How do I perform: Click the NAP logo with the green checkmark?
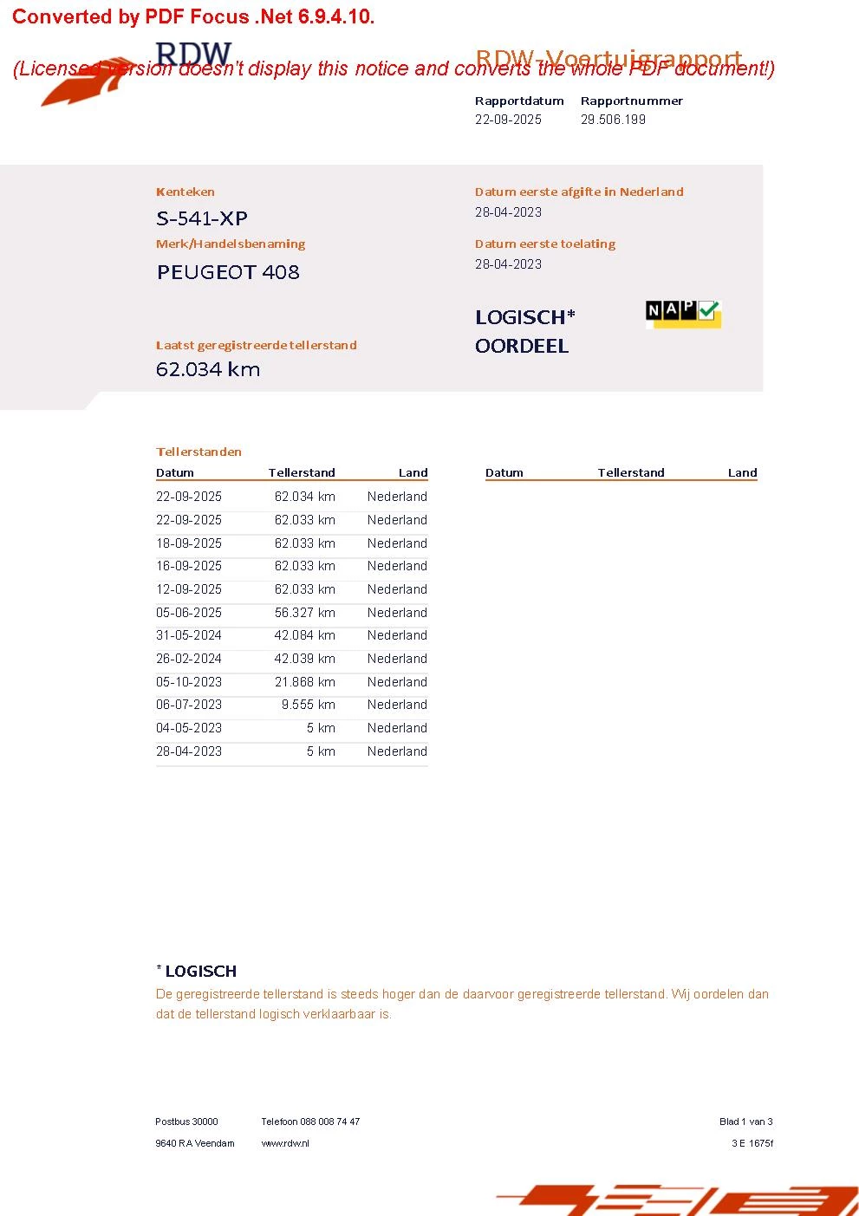(683, 313)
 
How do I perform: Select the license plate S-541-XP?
(202, 218)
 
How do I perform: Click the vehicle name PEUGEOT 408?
(228, 272)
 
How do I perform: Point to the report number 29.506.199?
(613, 120)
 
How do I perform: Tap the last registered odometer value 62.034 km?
(208, 369)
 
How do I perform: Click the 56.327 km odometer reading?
(304, 613)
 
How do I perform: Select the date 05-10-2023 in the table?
(189, 682)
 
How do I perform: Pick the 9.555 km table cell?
(308, 705)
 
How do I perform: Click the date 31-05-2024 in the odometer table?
(189, 635)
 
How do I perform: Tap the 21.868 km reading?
(304, 682)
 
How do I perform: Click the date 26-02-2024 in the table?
(189, 659)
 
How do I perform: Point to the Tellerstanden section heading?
(198, 452)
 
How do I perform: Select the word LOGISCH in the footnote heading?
(201, 972)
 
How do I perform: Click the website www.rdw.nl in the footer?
(285, 1143)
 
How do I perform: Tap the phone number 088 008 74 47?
(329, 1122)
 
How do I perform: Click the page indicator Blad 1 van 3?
(745, 1122)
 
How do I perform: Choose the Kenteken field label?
(185, 192)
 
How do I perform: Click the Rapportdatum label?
(519, 101)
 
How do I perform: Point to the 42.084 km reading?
(304, 635)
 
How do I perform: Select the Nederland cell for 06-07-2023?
(397, 705)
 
